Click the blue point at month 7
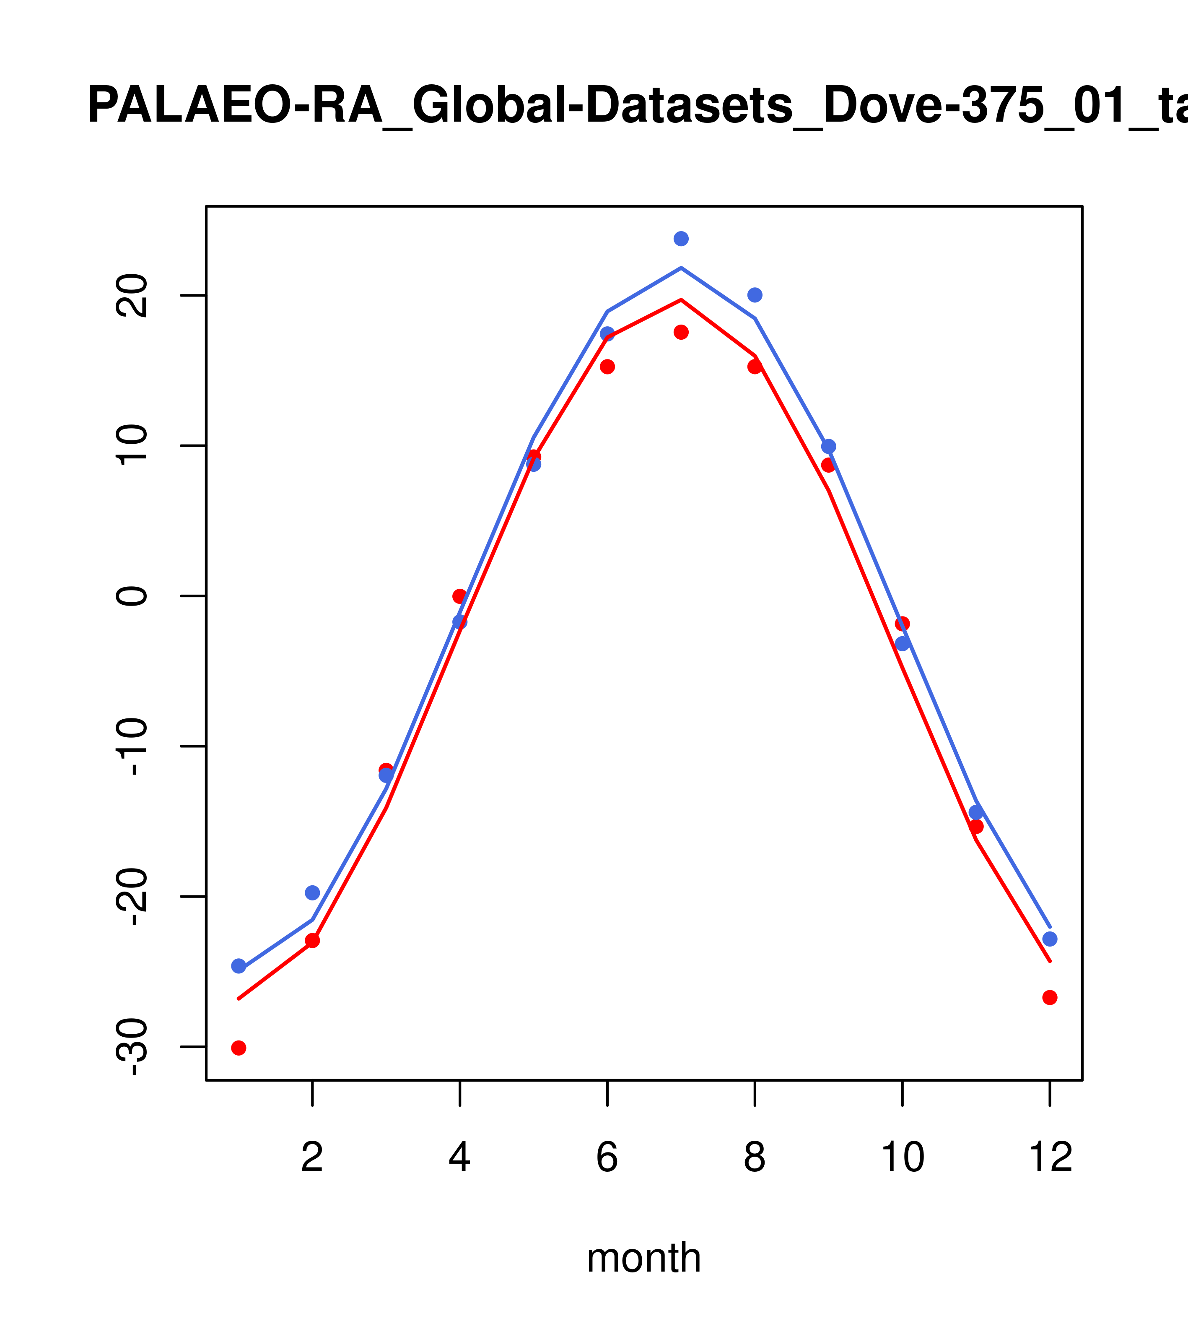tap(681, 239)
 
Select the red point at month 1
tap(239, 1048)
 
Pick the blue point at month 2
tap(313, 893)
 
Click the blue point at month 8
tap(755, 295)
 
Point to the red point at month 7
tap(681, 332)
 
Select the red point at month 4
tap(459, 596)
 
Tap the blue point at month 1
tap(239, 966)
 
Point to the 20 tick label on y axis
tap(131, 296)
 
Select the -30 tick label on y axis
tap(131, 1047)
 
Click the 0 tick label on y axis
tap(131, 596)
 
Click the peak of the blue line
tap(681, 268)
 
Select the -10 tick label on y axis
tap(131, 747)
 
